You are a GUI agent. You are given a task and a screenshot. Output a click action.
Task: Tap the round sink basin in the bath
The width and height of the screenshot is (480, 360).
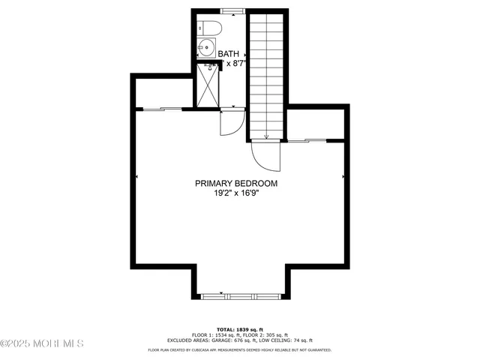tap(205, 50)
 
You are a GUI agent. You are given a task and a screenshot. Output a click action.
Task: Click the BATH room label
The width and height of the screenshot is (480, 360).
tap(228, 53)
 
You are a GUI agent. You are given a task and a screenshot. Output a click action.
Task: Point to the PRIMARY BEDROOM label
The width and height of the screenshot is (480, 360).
tap(236, 183)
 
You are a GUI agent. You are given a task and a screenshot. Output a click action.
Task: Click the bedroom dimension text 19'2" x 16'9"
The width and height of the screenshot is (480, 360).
tap(236, 193)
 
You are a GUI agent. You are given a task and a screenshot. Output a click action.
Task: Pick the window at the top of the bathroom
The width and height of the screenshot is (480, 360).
tap(232, 10)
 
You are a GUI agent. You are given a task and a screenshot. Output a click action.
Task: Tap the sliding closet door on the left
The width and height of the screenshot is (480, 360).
tap(161, 109)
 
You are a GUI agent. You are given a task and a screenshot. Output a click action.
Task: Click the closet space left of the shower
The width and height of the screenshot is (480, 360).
tap(163, 91)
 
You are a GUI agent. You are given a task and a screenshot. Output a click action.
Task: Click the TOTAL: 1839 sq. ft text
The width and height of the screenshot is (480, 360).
tap(239, 329)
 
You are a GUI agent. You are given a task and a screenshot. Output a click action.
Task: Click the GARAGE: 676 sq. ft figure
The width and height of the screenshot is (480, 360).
tap(251, 340)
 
